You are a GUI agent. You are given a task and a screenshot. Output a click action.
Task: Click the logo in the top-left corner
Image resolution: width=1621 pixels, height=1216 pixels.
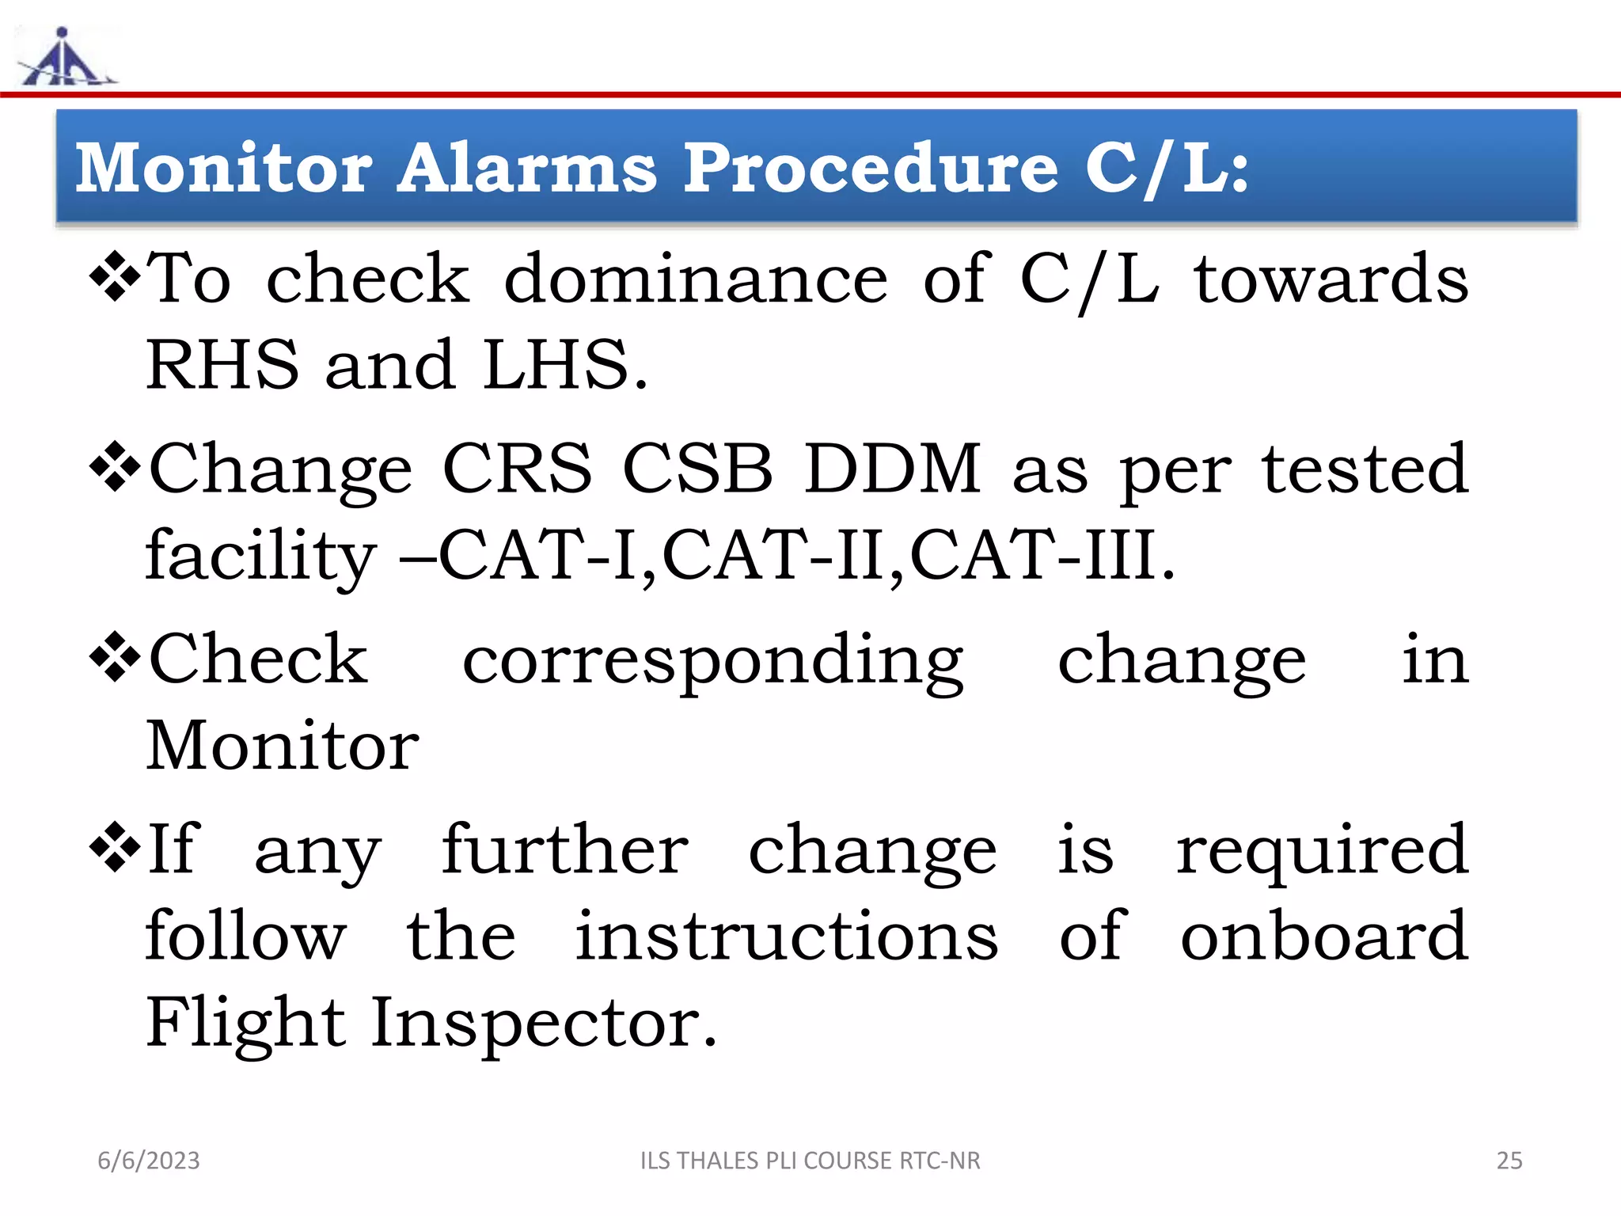coord(65,57)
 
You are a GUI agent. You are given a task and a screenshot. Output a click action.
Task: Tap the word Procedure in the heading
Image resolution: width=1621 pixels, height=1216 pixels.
coord(871,168)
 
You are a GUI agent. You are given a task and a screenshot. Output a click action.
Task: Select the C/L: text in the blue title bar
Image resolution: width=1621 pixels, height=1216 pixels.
coord(1167,168)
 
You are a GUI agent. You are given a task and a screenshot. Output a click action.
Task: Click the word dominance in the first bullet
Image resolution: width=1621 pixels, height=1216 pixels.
coord(696,279)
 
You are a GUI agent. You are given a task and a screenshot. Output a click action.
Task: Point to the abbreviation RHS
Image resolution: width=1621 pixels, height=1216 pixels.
coord(222,365)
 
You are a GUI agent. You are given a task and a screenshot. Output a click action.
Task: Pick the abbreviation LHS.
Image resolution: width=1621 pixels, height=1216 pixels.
coord(564,365)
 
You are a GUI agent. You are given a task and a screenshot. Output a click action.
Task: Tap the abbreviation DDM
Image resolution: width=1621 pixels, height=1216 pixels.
coord(892,469)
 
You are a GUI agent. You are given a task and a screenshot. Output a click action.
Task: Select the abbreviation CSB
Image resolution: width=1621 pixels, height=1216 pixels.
coord(697,469)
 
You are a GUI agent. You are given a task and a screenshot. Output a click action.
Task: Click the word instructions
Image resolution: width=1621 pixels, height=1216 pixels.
coord(786,936)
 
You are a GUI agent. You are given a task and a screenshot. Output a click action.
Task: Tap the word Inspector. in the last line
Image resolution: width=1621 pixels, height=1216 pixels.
coord(544,1023)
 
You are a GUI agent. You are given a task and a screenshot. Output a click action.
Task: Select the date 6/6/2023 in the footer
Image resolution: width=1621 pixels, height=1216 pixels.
coord(149,1161)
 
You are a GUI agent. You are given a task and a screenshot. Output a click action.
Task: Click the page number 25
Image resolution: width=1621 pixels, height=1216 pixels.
coord(1509,1161)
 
